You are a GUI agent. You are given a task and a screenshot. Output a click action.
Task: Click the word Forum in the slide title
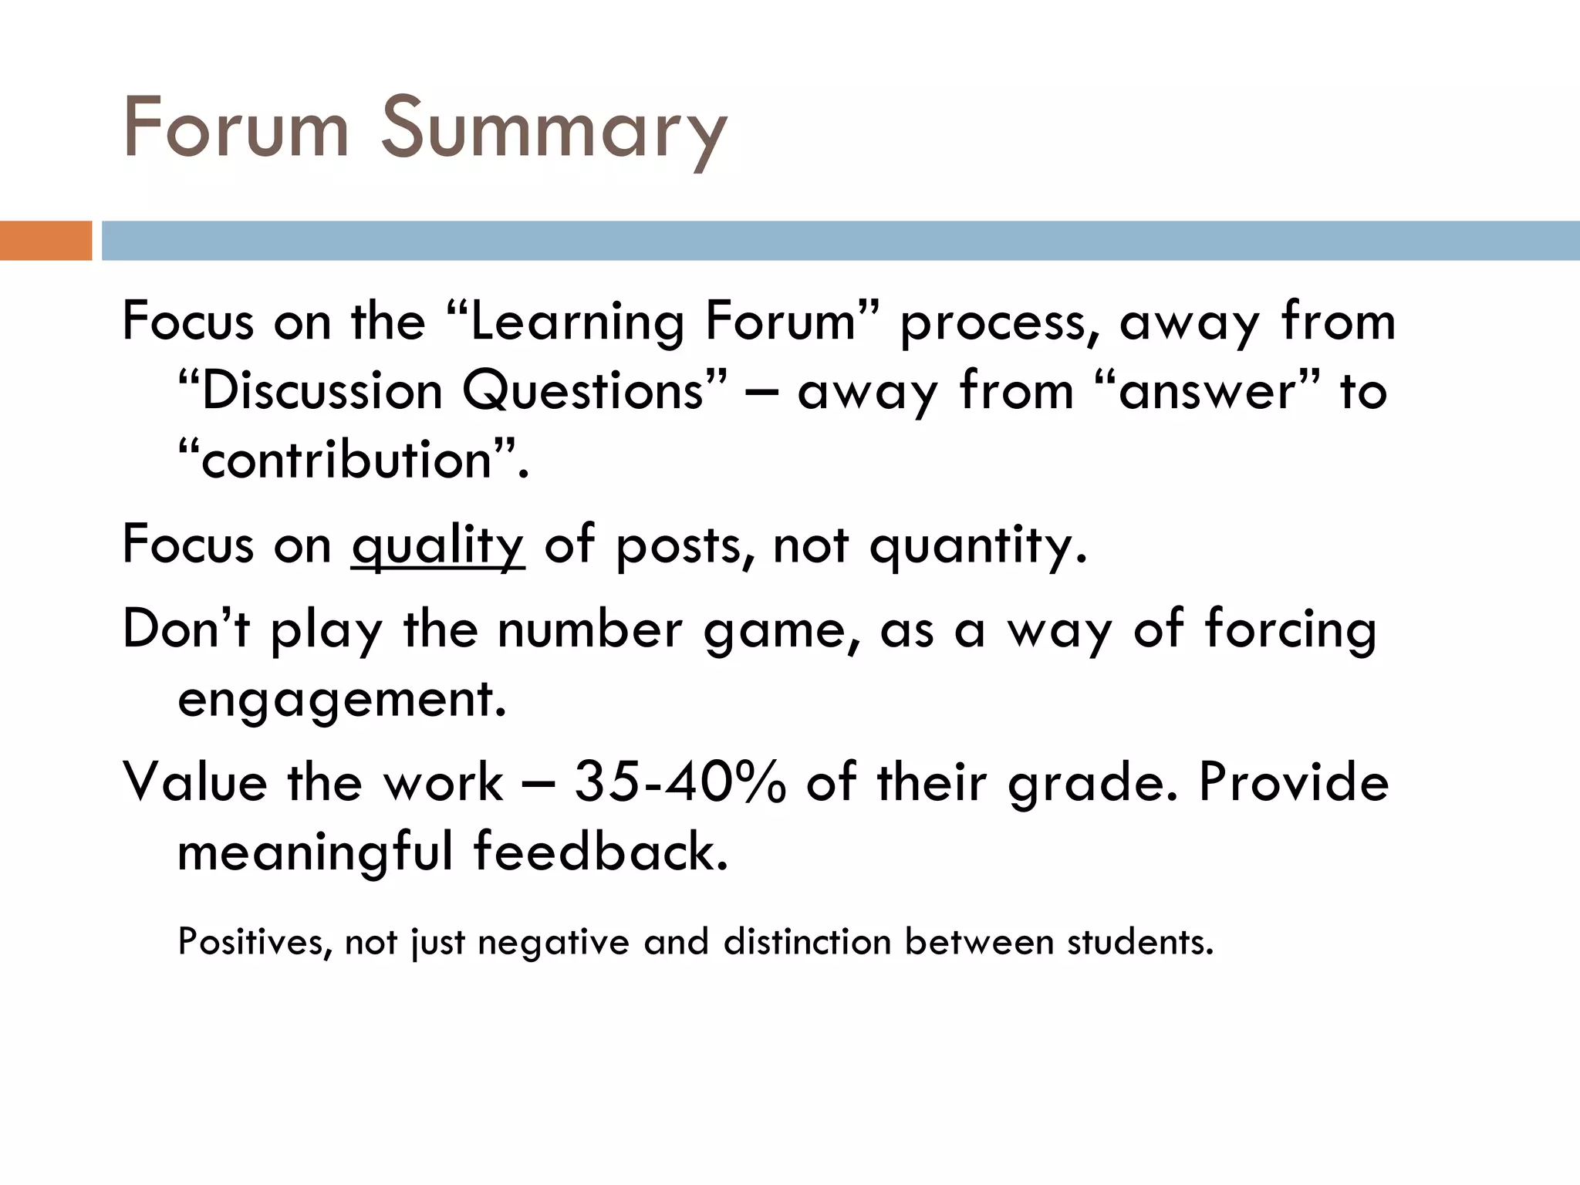[x=236, y=128]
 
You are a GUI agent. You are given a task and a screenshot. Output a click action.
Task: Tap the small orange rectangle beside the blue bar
[x=46, y=241]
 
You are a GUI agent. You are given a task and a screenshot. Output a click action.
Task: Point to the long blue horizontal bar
[x=840, y=241]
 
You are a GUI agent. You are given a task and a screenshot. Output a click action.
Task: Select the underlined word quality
[x=437, y=546]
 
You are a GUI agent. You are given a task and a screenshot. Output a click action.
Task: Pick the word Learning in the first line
[x=577, y=322]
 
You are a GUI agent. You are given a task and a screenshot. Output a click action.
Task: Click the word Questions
[x=583, y=391]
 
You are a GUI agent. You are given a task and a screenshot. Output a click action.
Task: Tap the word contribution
[x=346, y=461]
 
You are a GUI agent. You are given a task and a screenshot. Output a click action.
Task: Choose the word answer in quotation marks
[x=1207, y=391]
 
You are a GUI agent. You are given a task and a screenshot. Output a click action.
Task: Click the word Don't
[x=186, y=630]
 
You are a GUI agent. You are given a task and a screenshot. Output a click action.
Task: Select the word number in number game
[x=589, y=630]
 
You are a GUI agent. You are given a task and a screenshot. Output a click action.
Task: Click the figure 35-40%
[x=681, y=782]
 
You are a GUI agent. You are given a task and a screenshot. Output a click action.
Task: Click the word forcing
[x=1290, y=630]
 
